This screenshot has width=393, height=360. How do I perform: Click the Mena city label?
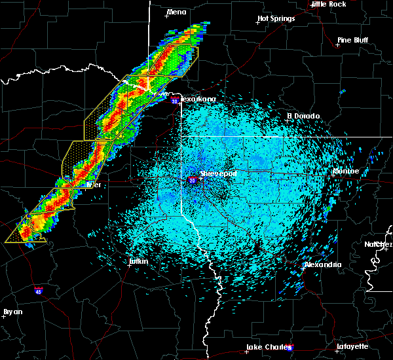177,12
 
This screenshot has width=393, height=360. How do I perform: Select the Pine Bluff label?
352,40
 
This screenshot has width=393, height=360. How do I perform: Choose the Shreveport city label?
217,174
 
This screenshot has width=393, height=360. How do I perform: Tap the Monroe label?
346,171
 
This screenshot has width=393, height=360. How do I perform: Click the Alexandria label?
323,264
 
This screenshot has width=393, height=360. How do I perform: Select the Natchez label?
379,244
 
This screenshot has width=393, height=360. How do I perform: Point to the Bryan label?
12,312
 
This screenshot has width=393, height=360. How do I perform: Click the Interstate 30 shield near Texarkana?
174,101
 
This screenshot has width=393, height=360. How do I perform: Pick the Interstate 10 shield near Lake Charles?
290,348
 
